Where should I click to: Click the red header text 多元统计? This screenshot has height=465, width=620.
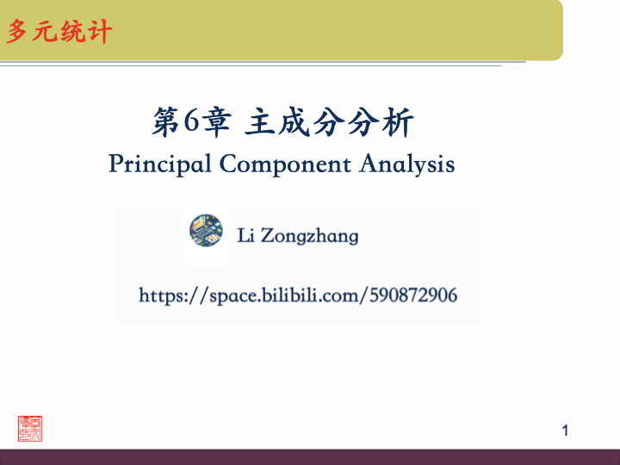[x=59, y=33]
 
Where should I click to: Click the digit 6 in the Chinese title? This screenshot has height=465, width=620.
[x=192, y=123]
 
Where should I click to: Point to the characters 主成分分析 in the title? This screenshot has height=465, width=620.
[x=330, y=123]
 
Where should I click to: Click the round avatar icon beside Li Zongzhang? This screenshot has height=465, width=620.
[x=206, y=231]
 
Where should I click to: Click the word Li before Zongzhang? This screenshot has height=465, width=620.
[x=245, y=235]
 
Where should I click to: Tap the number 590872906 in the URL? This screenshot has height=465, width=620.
[x=412, y=296]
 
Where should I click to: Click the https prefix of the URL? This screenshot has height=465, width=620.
[x=164, y=296]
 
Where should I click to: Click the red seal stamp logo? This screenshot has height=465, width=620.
[x=30, y=428]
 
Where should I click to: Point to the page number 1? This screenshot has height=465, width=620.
[x=566, y=430]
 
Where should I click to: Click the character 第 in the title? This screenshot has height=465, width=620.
[x=166, y=123]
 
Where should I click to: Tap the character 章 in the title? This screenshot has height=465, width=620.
[x=217, y=123]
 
